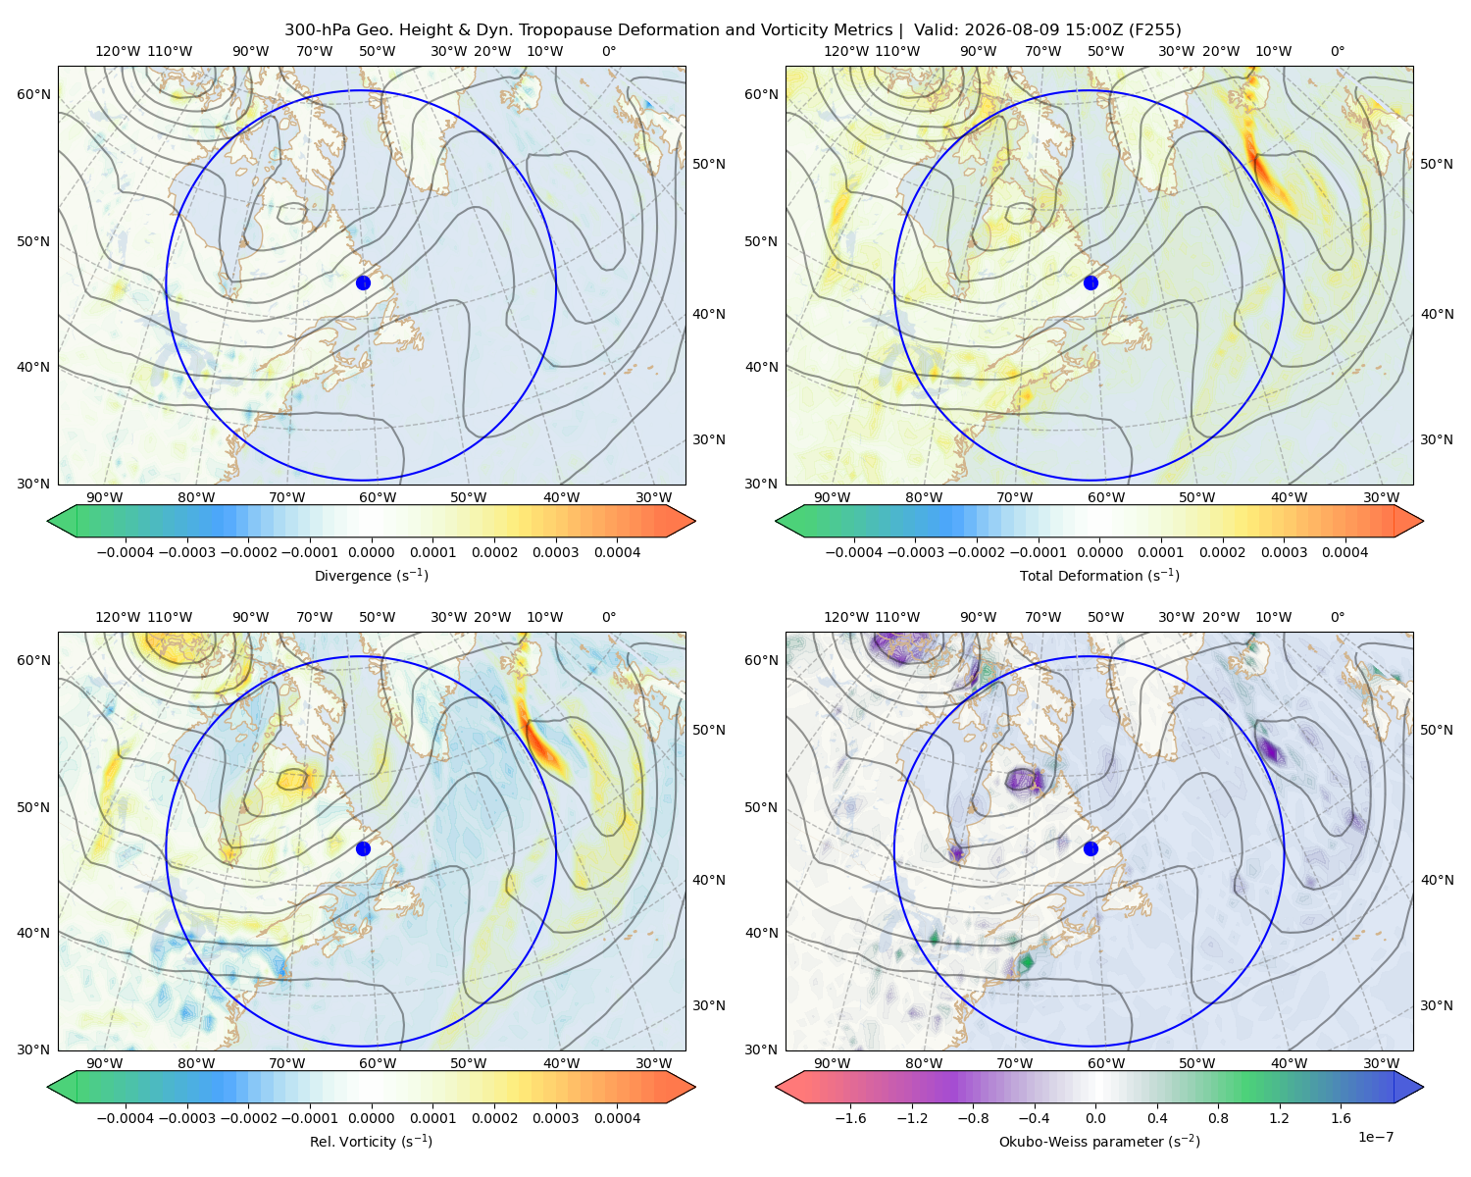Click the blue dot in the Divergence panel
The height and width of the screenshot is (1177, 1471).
[x=363, y=282]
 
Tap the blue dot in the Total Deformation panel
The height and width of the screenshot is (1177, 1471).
[x=1091, y=282]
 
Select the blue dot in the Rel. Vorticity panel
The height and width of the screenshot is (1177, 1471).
[x=363, y=848]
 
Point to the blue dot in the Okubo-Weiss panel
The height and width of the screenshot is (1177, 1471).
[x=1091, y=848]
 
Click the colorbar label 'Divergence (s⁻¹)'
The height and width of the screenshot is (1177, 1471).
[x=371, y=575]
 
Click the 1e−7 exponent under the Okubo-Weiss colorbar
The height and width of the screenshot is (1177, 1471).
[x=1375, y=1137]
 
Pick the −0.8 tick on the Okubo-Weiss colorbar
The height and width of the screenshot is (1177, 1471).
[x=973, y=1118]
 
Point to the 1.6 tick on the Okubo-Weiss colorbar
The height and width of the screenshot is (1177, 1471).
[x=1341, y=1118]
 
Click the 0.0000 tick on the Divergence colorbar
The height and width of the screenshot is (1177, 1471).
[x=371, y=552]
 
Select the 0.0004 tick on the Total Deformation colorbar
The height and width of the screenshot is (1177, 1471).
[x=1344, y=552]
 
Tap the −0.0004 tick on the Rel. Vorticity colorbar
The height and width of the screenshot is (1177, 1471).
[x=126, y=1118]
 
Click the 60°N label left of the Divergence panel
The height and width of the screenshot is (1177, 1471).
[x=33, y=94]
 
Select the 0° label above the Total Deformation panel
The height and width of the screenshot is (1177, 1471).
[x=1337, y=51]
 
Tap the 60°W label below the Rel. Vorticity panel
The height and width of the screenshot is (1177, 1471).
[x=378, y=1063]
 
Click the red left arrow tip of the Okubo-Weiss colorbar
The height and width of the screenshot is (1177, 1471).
[x=777, y=1087]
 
